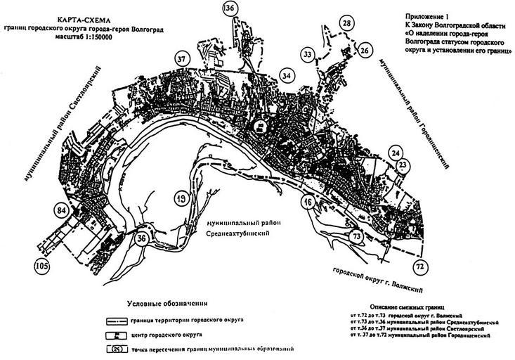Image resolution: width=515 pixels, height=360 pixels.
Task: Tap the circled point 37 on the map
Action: click(182, 58)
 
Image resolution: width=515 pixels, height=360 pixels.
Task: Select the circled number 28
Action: click(347, 24)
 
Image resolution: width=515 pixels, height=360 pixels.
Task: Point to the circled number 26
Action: click(364, 51)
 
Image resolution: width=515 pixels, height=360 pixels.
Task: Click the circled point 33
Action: click(307, 54)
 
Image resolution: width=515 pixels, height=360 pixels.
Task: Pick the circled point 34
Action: click(285, 75)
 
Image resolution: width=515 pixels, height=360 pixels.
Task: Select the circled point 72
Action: click(419, 266)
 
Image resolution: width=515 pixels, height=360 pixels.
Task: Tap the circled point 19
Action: click(181, 200)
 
